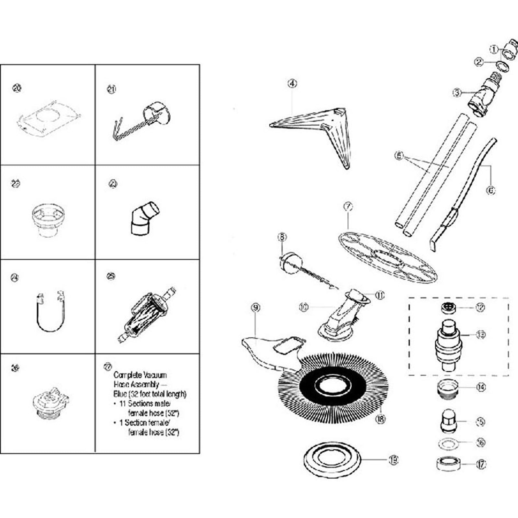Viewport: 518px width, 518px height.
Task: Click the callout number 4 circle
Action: point(292,84)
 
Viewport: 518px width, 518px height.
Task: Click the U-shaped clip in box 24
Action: point(51,312)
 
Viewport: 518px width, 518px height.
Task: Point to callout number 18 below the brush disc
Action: point(380,419)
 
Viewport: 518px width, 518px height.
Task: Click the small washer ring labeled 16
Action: point(448,444)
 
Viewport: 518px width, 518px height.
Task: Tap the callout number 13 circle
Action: point(481,334)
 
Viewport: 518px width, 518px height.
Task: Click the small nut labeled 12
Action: point(449,307)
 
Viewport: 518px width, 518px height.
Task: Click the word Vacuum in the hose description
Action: point(154,375)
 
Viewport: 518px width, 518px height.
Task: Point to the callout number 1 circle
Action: point(494,50)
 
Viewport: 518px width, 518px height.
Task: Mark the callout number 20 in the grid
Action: point(17,88)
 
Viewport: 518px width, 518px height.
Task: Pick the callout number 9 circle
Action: point(255,308)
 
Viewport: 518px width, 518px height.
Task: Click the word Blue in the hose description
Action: point(120,394)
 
